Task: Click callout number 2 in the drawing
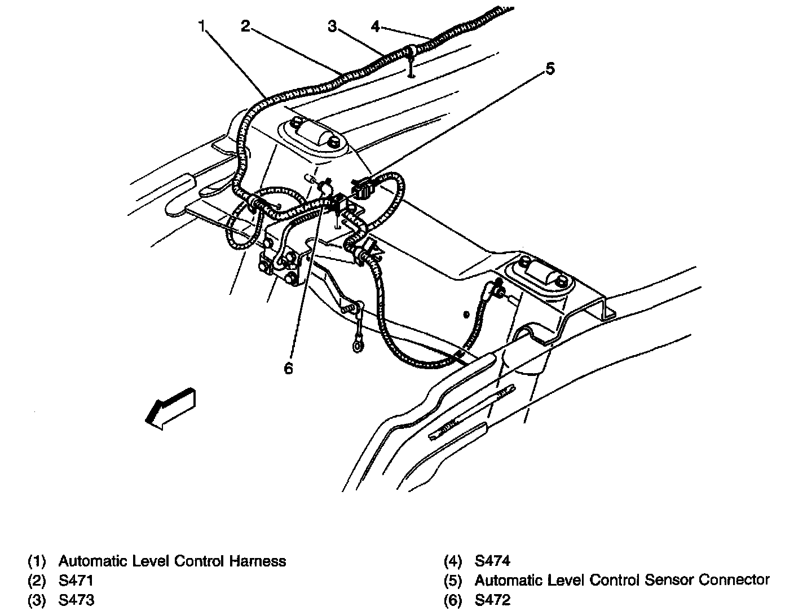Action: click(245, 26)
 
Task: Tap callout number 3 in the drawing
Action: click(333, 26)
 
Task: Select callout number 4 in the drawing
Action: click(376, 26)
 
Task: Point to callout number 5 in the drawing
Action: click(550, 69)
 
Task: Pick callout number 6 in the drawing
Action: click(288, 368)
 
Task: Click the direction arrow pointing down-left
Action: click(169, 407)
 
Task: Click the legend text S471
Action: click(76, 580)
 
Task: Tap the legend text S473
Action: click(76, 599)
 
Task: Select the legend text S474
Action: click(492, 561)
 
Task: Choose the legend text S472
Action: click(492, 599)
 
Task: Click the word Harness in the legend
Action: click(258, 561)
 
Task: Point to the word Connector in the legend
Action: click(734, 580)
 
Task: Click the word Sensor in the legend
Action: click(668, 580)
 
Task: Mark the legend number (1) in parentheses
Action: click(37, 561)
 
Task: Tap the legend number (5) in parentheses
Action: click(453, 580)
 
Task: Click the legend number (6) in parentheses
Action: click(453, 599)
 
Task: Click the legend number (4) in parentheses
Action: click(453, 561)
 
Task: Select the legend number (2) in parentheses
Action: click(37, 580)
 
